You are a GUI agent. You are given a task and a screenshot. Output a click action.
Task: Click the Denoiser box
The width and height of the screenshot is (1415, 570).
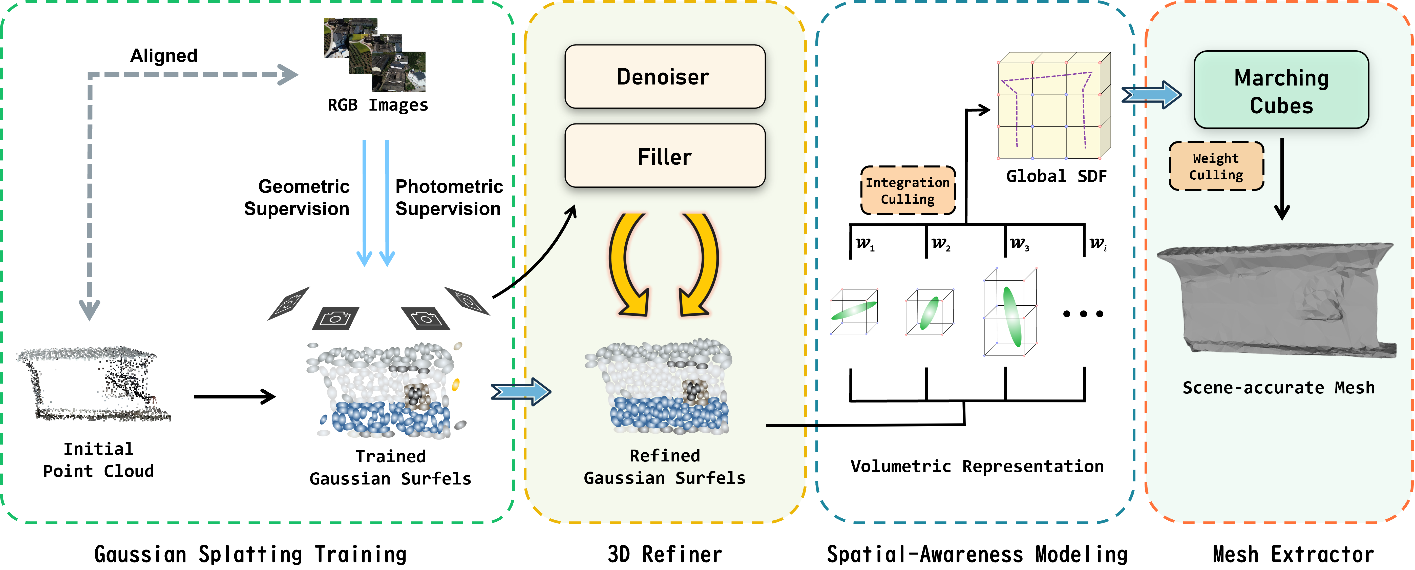tap(665, 76)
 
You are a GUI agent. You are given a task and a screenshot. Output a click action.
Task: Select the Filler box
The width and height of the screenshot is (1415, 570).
tap(665, 156)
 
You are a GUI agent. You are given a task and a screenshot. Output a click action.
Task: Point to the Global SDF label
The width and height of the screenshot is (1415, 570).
tap(1056, 176)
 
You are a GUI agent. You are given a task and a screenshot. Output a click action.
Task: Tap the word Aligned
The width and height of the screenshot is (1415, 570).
tap(164, 55)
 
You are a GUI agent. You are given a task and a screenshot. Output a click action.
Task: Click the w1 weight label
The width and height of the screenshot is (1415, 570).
tap(865, 243)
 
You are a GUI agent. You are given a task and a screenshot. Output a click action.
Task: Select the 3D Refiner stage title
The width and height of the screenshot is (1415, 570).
tap(665, 554)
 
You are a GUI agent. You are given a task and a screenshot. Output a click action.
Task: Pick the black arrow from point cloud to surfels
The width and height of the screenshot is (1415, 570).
tap(235, 396)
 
